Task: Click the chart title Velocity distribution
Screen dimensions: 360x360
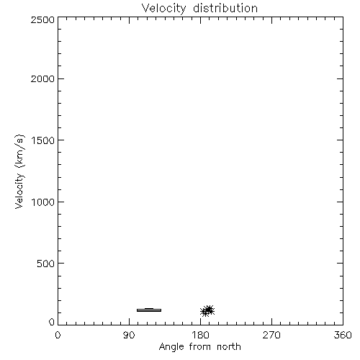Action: pos(199,8)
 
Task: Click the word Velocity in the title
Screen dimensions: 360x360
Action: pos(163,9)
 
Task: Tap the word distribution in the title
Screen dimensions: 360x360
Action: pos(225,8)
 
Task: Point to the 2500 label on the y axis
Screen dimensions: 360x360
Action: pos(42,19)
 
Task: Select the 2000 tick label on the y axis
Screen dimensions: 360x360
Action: pos(42,78)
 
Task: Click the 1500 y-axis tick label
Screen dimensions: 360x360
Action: pos(43,140)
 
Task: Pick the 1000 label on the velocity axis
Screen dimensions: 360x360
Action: pos(43,202)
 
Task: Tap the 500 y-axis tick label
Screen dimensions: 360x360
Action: pos(46,264)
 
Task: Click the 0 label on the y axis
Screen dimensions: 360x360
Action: pos(52,322)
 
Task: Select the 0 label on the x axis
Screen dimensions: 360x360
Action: pos(58,335)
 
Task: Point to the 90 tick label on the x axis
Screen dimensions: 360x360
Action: pos(129,335)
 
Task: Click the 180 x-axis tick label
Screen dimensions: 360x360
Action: pos(200,335)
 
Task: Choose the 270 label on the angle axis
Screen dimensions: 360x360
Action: pos(271,335)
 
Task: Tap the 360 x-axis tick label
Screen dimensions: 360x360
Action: pos(343,335)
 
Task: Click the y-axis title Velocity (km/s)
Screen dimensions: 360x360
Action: pos(19,171)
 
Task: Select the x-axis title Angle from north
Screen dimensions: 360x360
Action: pos(200,347)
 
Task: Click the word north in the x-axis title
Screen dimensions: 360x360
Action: pos(229,346)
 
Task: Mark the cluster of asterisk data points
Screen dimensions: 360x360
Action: pos(207,311)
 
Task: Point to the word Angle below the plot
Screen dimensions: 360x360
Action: pos(171,347)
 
